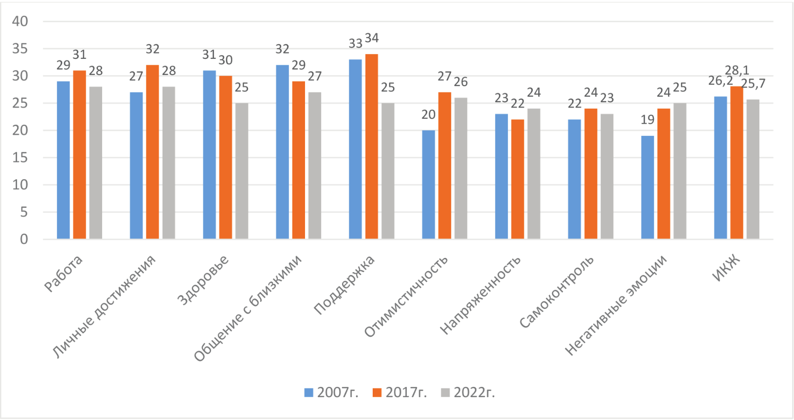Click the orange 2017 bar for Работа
79,155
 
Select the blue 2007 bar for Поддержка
355,149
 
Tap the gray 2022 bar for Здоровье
242,171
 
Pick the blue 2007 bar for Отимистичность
428,184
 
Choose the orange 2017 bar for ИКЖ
737,163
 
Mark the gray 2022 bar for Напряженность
534,174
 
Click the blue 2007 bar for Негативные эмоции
648,187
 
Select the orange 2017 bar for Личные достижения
152,152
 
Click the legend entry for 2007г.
331,393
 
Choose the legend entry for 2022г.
468,393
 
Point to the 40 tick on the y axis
20,21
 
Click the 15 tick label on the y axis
20,158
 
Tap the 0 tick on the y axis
24,239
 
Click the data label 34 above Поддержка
372,38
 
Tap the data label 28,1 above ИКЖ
737,71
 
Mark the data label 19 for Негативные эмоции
648,120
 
